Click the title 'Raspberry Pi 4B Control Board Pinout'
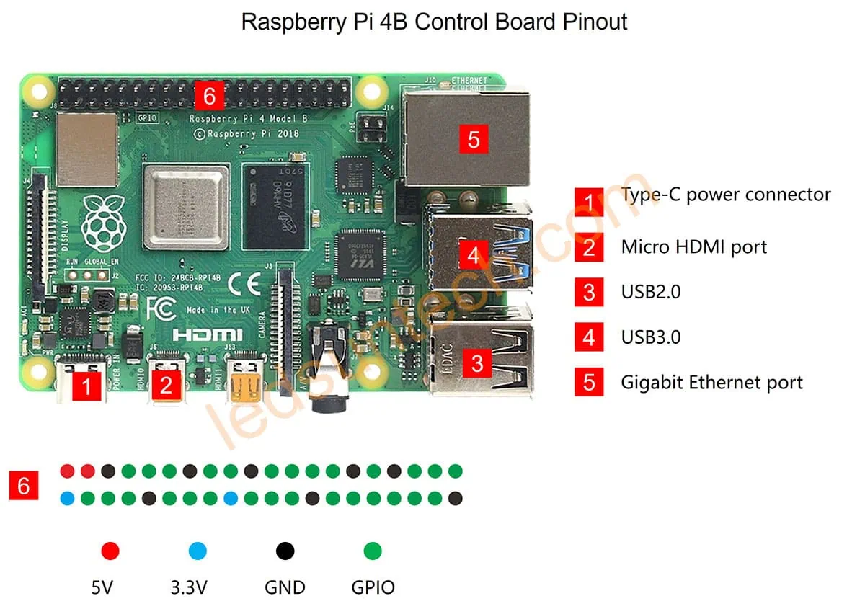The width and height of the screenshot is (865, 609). point(434,22)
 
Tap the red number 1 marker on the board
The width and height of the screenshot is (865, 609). point(86,388)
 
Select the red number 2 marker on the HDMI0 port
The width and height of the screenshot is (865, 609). point(167,386)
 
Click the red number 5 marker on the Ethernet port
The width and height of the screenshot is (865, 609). point(473,138)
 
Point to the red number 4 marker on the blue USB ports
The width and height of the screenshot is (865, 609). point(473,255)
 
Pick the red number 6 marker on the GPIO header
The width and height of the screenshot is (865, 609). point(209,96)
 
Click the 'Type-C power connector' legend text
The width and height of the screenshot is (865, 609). point(725,195)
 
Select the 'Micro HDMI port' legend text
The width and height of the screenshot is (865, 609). point(693,247)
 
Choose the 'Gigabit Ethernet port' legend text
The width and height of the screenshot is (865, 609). point(711,382)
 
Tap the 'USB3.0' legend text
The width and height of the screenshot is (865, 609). point(650,337)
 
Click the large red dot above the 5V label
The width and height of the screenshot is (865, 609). point(110,552)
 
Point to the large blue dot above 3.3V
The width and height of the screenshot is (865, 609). point(198,552)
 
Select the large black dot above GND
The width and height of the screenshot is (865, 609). point(285,552)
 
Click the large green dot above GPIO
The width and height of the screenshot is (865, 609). point(373,552)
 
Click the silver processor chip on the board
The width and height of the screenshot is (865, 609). point(186,205)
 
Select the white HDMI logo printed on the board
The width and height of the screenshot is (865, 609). point(208,334)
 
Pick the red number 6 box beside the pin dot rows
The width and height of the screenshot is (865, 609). point(24,486)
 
